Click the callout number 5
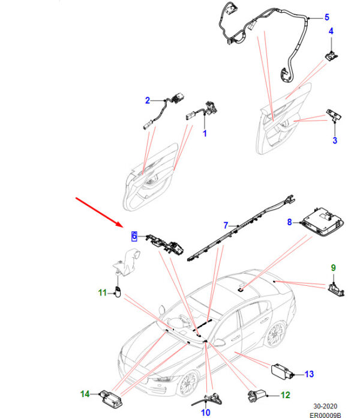click(327, 17)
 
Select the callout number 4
click(331, 31)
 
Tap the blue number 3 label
click(335, 140)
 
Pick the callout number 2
click(148, 100)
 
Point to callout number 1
click(205, 133)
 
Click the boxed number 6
click(134, 236)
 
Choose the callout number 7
click(226, 226)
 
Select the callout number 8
click(289, 222)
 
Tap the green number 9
click(333, 268)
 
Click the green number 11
click(103, 292)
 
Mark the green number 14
click(85, 394)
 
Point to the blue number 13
click(309, 374)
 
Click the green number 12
click(286, 395)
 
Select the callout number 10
click(205, 413)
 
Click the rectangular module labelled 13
click(282, 371)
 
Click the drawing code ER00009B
click(325, 415)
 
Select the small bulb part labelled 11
click(118, 292)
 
